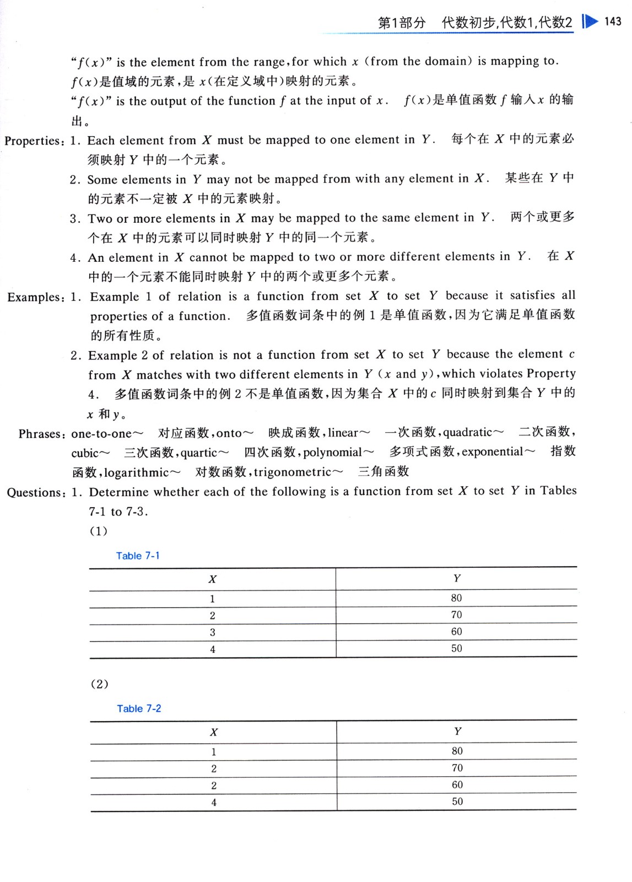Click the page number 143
tap(612, 21)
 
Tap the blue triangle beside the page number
tap(590, 21)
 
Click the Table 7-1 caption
tap(138, 556)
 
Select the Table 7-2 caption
tap(139, 708)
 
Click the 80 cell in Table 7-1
tap(456, 598)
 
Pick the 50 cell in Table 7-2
tap(457, 802)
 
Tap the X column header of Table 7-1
tap(212, 579)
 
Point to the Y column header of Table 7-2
tap(457, 732)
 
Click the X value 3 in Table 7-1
tap(212, 632)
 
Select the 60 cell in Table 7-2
tap(457, 784)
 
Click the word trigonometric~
tap(299, 472)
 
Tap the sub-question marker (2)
tap(99, 684)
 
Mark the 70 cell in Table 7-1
tap(456, 615)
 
